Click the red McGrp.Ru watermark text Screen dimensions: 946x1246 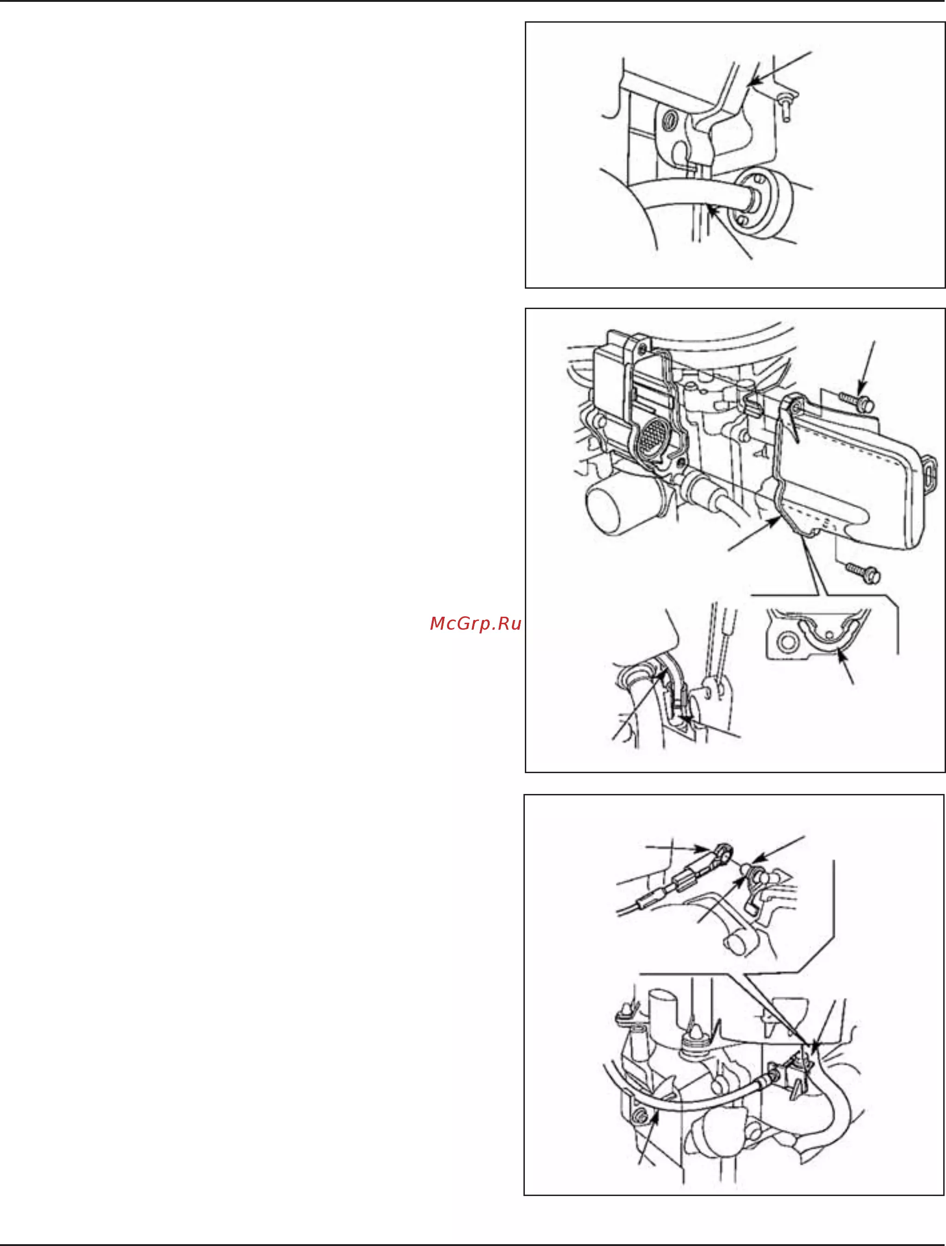click(475, 624)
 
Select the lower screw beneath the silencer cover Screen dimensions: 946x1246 click(864, 573)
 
